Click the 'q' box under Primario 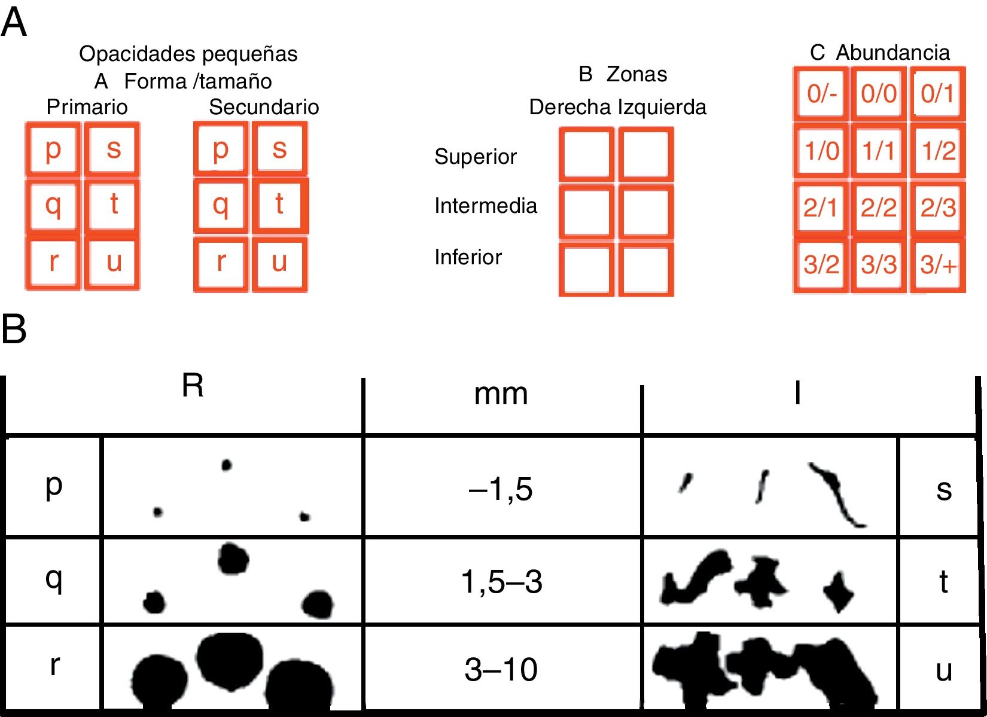[x=53, y=205]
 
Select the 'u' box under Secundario [x=279, y=263]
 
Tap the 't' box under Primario [x=112, y=205]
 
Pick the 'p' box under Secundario [x=221, y=149]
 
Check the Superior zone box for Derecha [x=586, y=154]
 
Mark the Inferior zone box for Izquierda [x=646, y=269]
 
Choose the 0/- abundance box [x=821, y=93]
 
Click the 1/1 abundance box [x=879, y=151]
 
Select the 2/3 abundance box [x=937, y=208]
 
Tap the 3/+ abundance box [x=937, y=264]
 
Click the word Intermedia [x=486, y=206]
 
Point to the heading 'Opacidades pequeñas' [x=188, y=54]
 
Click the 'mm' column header [x=501, y=395]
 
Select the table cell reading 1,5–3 [x=501, y=581]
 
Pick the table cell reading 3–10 [x=501, y=669]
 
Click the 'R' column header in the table [x=192, y=386]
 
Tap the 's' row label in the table [x=943, y=490]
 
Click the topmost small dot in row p [x=226, y=465]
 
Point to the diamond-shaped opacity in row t [x=839, y=591]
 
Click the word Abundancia [x=892, y=53]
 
